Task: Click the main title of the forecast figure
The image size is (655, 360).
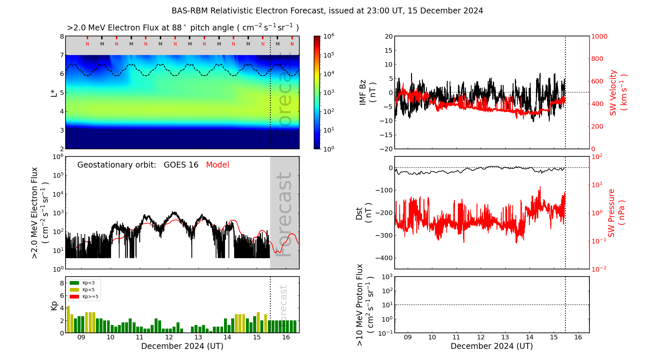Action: pos(327,11)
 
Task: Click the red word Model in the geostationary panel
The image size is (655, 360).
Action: pos(217,165)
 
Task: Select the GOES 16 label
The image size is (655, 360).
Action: pos(181,165)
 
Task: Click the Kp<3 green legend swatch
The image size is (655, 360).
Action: pos(74,283)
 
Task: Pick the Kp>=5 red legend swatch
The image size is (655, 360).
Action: pos(74,297)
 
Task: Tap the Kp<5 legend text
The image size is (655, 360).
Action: pos(88,290)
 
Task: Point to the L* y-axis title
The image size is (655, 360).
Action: pos(54,93)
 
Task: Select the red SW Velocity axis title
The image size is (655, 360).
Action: pos(618,93)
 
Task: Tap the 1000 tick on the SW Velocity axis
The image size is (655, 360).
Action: pos(599,36)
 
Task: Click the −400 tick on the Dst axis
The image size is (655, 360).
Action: pos(384,258)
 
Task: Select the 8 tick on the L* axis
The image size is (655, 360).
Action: pos(62,36)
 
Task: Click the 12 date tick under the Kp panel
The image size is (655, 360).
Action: pos(169,337)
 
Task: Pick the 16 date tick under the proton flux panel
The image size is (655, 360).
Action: pos(578,337)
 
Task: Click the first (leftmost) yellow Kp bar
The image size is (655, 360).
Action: pos(68,319)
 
